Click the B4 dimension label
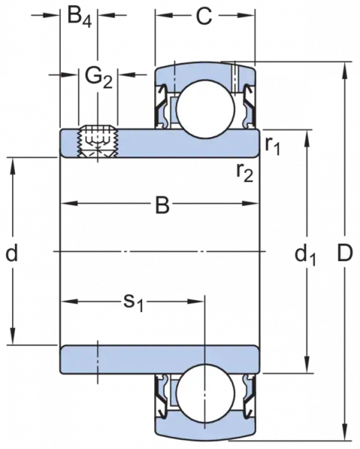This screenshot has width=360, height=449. [80, 17]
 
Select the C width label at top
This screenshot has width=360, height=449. [204, 16]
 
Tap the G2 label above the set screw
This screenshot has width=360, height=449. [99, 78]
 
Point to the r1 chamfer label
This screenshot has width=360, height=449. [272, 146]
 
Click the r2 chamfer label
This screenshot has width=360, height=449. [245, 173]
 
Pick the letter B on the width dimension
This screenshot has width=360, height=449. [162, 205]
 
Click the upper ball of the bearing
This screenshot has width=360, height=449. [206, 109]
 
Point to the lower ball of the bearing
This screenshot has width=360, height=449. [205, 393]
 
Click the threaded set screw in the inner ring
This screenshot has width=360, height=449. [97, 141]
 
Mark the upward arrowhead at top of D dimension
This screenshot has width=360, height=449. [346, 71]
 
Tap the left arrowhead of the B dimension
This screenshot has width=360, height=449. [70, 204]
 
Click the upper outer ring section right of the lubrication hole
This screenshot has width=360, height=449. [244, 75]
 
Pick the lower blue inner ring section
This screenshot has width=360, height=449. [160, 359]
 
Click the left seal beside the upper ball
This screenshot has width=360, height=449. [161, 106]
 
